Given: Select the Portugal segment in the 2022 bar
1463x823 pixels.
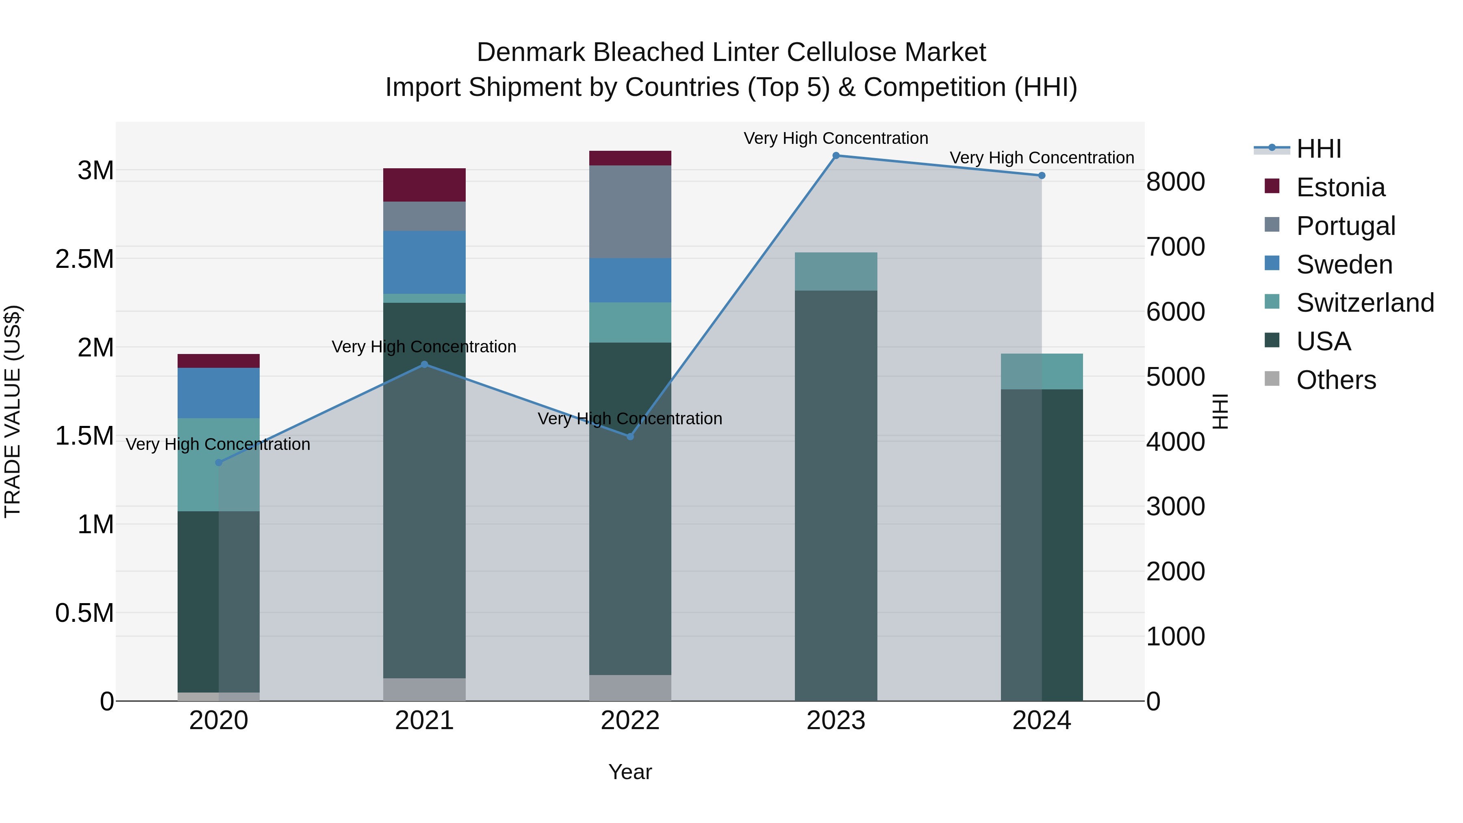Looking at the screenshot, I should pyautogui.click(x=630, y=211).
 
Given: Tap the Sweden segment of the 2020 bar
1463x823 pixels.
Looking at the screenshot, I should pyautogui.click(x=219, y=393).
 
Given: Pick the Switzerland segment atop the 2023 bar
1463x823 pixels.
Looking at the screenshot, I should pyautogui.click(x=836, y=271).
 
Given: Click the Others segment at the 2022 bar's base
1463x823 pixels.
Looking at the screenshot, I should pyautogui.click(x=630, y=687).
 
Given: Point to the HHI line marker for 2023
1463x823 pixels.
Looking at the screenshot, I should pyautogui.click(x=836, y=156).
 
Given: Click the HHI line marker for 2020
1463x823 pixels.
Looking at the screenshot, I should pyautogui.click(x=219, y=463).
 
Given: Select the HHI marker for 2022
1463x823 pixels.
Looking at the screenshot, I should pyautogui.click(x=630, y=436).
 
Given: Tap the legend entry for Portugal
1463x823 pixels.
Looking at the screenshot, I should pyautogui.click(x=1346, y=226).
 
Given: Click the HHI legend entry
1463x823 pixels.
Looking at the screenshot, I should pyautogui.click(x=1318, y=149).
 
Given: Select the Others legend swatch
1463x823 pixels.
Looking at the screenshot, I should pyautogui.click(x=1272, y=379).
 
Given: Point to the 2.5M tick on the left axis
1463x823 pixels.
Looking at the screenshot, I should pyautogui.click(x=84, y=259).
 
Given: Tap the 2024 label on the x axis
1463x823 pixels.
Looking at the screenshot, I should pyautogui.click(x=1041, y=721).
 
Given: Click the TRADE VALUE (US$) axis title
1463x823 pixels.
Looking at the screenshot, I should pyautogui.click(x=13, y=411).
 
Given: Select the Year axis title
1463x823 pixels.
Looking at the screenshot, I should pyautogui.click(x=630, y=772).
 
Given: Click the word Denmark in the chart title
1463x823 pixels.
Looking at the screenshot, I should pyautogui.click(x=530, y=52).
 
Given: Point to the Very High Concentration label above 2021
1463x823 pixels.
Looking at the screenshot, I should pyautogui.click(x=424, y=346).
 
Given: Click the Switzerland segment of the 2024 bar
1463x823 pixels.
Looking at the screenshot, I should pyautogui.click(x=1041, y=371).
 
